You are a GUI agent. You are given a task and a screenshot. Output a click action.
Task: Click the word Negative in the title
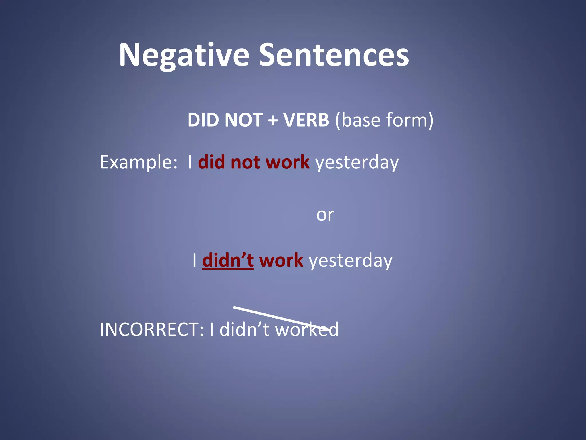(x=184, y=55)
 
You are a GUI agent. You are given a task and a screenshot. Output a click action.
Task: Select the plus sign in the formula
(x=273, y=120)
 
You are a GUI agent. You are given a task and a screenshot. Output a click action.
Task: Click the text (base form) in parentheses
(x=384, y=120)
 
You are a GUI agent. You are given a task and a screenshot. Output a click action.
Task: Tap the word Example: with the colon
(x=138, y=162)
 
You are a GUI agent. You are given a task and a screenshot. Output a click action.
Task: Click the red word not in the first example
(x=245, y=162)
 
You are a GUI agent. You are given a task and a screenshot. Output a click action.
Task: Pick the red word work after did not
(x=287, y=162)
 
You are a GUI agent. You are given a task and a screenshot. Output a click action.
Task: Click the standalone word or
(x=325, y=215)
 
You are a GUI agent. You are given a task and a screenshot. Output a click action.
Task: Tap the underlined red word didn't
(x=228, y=260)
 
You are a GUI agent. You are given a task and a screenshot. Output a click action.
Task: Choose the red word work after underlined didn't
(x=281, y=260)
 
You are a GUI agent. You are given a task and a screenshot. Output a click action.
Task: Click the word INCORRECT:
(x=152, y=330)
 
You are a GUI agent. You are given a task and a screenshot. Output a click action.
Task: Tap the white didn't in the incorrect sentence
(x=244, y=330)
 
